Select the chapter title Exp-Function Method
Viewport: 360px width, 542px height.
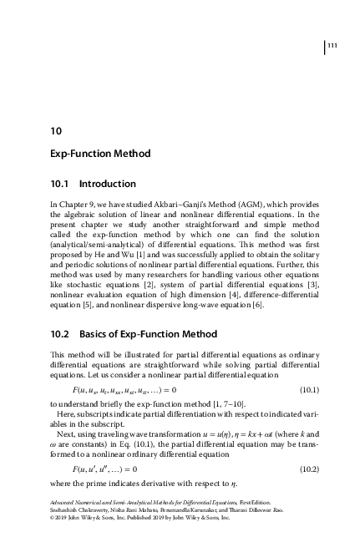pyautogui.click(x=100, y=154)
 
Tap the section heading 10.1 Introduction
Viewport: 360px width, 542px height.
pyautogui.click(x=92, y=184)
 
